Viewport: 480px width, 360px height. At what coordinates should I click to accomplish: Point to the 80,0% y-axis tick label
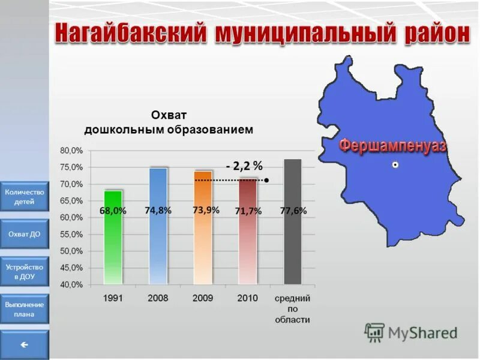[71, 151]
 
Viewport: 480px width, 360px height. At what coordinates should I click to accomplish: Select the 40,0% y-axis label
[71, 284]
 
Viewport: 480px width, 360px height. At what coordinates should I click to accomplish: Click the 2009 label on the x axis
[203, 298]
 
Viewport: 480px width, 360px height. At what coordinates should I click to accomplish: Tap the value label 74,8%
[158, 211]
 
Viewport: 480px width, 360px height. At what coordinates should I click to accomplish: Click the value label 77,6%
[293, 211]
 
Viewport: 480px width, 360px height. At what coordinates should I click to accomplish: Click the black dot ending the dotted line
[266, 179]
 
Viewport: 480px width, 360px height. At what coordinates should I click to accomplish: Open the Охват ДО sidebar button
[25, 234]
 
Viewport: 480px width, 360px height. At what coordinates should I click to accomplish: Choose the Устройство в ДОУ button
[25, 272]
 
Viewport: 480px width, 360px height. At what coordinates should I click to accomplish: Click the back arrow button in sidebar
[25, 345]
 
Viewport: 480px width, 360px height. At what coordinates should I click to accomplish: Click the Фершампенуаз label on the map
[393, 145]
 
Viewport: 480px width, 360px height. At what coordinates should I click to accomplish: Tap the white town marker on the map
[395, 164]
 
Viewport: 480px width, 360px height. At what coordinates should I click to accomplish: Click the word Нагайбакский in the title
[130, 33]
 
